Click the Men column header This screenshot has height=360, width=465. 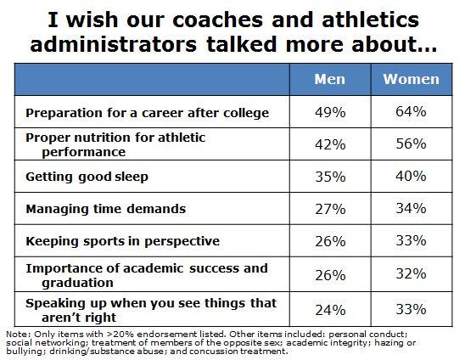(330, 80)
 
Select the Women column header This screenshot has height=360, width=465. (411, 80)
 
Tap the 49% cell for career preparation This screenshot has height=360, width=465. (330, 112)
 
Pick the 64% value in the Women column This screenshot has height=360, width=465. (411, 112)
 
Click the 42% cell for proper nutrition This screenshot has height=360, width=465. (330, 144)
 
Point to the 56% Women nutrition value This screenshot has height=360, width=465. (411, 144)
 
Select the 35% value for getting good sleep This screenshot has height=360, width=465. (330, 176)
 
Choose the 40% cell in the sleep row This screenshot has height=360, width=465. (411, 176)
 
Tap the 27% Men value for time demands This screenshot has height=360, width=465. (330, 208)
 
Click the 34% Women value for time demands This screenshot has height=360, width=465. (411, 208)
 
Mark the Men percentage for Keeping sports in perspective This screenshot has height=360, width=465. (330, 240)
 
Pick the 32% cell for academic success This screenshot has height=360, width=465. (411, 273)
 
